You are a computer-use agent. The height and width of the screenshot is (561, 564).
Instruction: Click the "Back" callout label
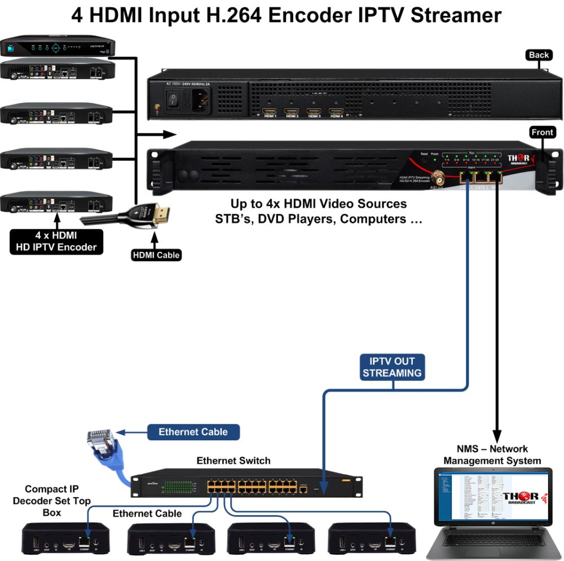click(x=539, y=55)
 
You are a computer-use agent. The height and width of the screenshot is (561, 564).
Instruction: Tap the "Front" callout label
click(x=543, y=132)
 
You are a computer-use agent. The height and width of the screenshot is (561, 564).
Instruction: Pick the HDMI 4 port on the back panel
click(x=336, y=112)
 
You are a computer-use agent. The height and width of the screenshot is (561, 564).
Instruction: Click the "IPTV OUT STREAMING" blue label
click(x=392, y=367)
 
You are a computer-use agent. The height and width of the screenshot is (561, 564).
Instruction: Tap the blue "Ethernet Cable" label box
click(x=193, y=432)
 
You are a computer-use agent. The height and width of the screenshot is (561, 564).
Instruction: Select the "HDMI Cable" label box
click(x=156, y=255)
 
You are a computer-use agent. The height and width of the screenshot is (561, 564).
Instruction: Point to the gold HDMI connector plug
click(x=160, y=215)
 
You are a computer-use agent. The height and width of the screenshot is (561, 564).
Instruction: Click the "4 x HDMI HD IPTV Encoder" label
click(x=56, y=242)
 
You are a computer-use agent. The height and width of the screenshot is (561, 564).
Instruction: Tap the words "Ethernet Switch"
click(x=233, y=461)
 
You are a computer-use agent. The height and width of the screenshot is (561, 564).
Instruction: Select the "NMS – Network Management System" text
click(x=492, y=455)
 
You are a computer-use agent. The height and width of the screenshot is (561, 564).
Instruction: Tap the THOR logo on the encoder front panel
click(x=519, y=160)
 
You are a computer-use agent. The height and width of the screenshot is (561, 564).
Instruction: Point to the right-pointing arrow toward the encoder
click(x=157, y=134)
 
